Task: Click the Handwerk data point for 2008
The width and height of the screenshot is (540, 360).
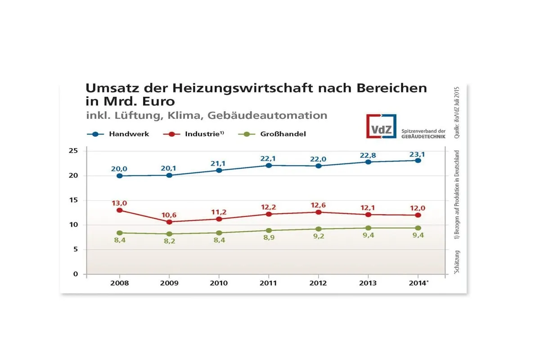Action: tap(119, 176)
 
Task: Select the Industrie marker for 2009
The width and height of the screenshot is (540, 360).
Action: tap(169, 222)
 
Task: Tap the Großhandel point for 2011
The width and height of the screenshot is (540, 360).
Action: tap(269, 230)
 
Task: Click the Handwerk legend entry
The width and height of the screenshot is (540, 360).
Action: tap(128, 134)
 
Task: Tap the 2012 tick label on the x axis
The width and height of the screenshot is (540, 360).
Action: tap(318, 283)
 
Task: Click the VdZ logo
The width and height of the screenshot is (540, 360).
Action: tap(381, 126)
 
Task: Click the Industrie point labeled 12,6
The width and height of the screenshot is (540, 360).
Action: tap(318, 212)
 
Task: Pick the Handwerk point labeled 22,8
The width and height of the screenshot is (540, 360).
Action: tap(368, 162)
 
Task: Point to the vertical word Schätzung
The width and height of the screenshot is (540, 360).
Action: tap(457, 263)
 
